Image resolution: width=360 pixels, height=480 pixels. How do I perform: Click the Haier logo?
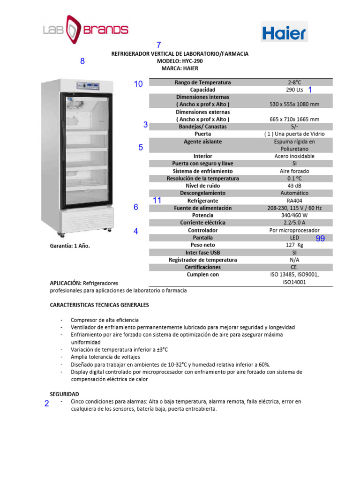pos(284,32)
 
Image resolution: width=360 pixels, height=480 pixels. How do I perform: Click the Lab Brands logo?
pos(86,29)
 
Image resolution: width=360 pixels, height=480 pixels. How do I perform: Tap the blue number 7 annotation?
pos(158,45)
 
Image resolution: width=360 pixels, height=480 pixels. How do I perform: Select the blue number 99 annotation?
pos(320,239)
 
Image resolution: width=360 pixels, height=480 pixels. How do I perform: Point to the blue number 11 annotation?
pos(157,200)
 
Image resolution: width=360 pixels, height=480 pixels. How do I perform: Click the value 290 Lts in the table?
pos(294,90)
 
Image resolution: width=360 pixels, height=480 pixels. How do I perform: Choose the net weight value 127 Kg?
pos(294,245)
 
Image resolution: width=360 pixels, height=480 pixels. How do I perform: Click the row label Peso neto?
pos(202,245)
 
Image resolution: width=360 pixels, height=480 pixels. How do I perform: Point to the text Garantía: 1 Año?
pos(70,246)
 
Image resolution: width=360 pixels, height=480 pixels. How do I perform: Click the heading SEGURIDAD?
pos(64,394)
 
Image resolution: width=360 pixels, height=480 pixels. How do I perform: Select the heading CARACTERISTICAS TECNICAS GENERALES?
pos(99,305)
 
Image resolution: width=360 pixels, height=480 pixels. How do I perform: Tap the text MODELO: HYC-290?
pos(180,61)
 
